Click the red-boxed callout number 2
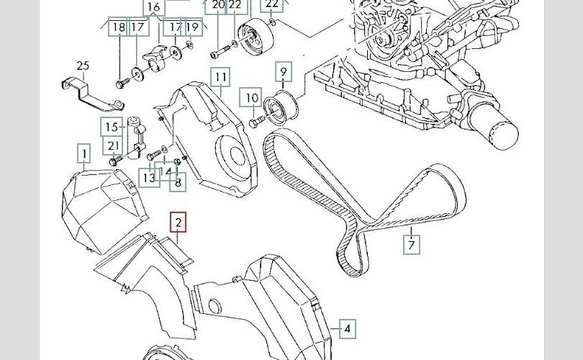pyautogui.click(x=178, y=222)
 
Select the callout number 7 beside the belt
pyautogui.click(x=411, y=245)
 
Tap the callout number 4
pyautogui.click(x=348, y=329)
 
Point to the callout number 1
pyautogui.click(x=85, y=153)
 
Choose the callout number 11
pyautogui.click(x=220, y=77)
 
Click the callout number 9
pyautogui.click(x=283, y=72)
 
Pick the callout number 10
pyautogui.click(x=251, y=98)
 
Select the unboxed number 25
pyautogui.click(x=83, y=67)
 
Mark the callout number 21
pyautogui.click(x=114, y=146)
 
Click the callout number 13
pyautogui.click(x=149, y=176)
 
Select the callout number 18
pyautogui.click(x=119, y=28)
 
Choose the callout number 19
pyautogui.click(x=191, y=28)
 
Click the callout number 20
pyautogui.click(x=218, y=6)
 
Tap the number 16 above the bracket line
pyautogui.click(x=153, y=7)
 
